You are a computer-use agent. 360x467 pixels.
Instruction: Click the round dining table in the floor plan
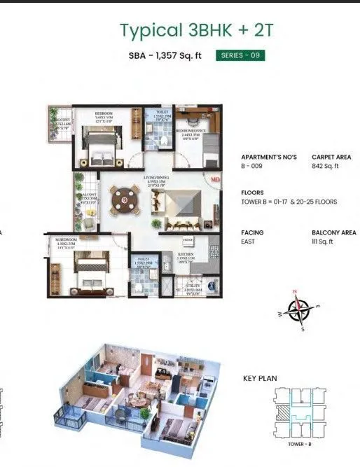(x=125, y=199)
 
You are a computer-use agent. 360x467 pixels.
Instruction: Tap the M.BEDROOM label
(x=67, y=240)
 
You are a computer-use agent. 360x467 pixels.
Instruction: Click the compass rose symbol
(x=300, y=309)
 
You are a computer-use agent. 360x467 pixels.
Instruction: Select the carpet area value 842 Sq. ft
(x=326, y=167)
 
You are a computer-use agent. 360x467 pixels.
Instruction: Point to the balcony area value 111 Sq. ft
(x=324, y=242)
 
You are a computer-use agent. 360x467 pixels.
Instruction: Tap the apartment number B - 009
(x=253, y=167)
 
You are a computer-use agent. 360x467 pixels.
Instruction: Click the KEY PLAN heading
(x=260, y=379)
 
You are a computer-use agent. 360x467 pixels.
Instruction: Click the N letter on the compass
(x=296, y=291)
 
